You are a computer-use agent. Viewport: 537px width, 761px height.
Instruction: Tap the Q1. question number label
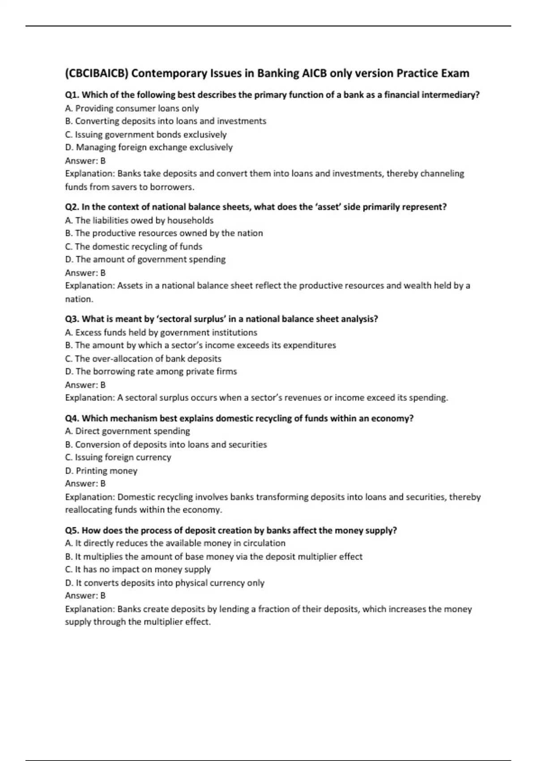click(x=72, y=95)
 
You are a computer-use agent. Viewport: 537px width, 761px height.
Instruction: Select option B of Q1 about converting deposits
click(x=166, y=121)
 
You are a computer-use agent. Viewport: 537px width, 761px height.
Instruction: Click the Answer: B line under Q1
click(x=85, y=161)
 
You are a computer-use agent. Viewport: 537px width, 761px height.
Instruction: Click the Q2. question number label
click(x=72, y=207)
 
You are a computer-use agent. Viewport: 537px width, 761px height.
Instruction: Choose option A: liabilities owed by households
click(x=139, y=220)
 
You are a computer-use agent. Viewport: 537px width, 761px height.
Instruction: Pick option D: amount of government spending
click(x=145, y=260)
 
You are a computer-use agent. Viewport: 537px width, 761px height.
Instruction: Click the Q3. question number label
click(x=72, y=319)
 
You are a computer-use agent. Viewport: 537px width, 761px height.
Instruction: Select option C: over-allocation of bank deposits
click(x=143, y=359)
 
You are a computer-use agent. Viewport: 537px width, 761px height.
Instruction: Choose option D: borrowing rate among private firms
click(x=151, y=372)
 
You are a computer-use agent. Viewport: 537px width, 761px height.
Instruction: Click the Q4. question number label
click(x=72, y=418)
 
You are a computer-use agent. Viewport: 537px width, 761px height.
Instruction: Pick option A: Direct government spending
click(x=128, y=431)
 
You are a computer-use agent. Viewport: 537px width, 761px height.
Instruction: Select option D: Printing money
click(x=101, y=471)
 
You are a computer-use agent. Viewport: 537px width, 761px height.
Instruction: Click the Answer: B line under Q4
click(x=85, y=483)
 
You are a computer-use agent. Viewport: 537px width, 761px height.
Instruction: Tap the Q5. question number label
click(x=72, y=530)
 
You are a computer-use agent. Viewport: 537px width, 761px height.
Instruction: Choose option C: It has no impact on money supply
click(x=138, y=569)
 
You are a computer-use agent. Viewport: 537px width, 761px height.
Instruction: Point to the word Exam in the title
click(x=455, y=73)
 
